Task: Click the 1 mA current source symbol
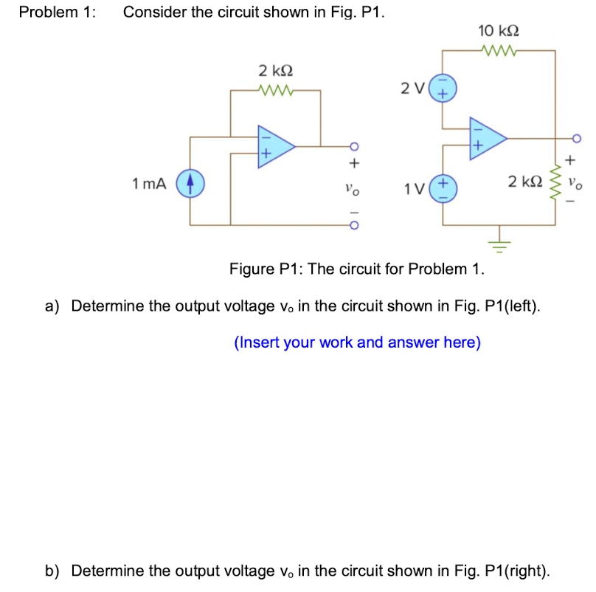pyautogui.click(x=190, y=182)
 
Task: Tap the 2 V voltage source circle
pyautogui.click(x=443, y=89)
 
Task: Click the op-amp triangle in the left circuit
pyautogui.click(x=275, y=145)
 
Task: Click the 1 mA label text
pyautogui.click(x=148, y=183)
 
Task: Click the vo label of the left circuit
pyautogui.click(x=353, y=190)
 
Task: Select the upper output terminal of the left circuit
pyautogui.click(x=353, y=145)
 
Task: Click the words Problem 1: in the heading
pyautogui.click(x=58, y=13)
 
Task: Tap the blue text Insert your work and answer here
pyautogui.click(x=357, y=343)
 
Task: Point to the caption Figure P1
pyautogui.click(x=357, y=268)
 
